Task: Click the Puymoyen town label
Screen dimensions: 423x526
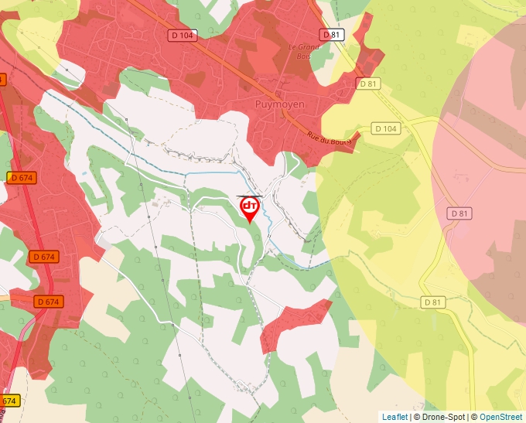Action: tap(280, 104)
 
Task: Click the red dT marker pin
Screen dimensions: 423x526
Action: tap(250, 207)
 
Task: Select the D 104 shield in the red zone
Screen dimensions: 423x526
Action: tap(182, 36)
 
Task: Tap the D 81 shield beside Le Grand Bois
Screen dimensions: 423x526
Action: tap(331, 35)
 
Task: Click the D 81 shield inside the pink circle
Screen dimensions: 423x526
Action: tap(459, 213)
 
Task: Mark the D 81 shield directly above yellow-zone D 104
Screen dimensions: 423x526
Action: tap(367, 83)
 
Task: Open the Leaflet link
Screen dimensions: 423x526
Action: tap(394, 417)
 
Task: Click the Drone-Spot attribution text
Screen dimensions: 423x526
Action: tap(443, 417)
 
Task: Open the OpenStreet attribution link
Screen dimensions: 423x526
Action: tap(501, 417)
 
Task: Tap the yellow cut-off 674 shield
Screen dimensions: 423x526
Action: tap(9, 401)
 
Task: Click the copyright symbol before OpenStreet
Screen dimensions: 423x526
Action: tap(474, 417)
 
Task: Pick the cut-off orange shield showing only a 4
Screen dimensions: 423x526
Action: tap(2, 79)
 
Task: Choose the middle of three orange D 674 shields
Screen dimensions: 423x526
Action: tap(45, 256)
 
